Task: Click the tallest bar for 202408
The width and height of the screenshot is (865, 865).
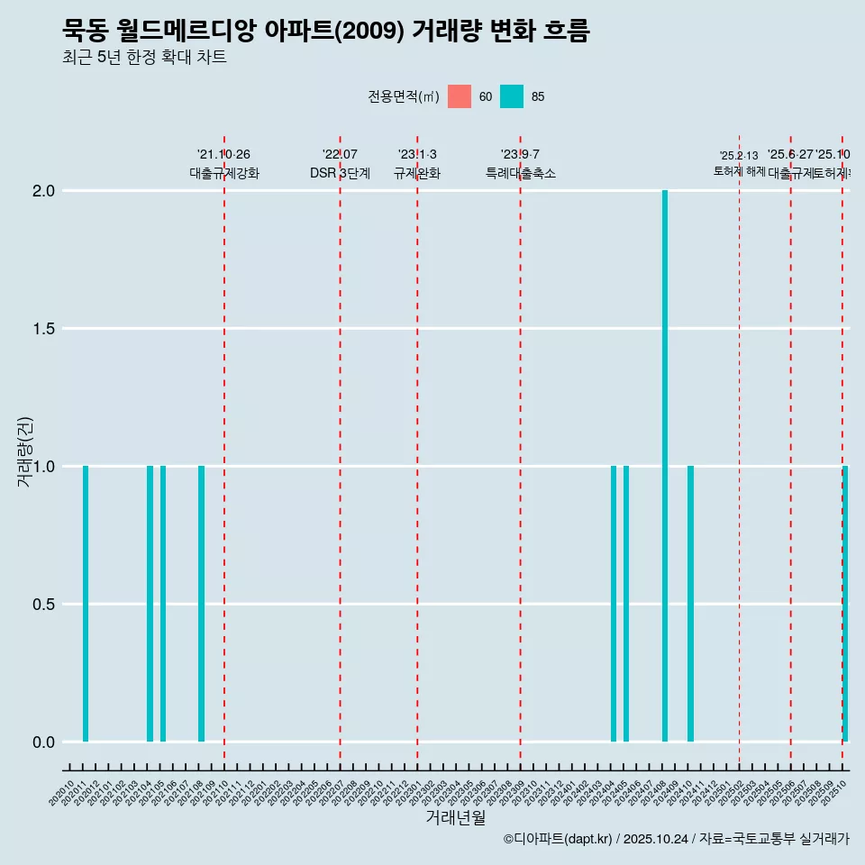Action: (x=665, y=466)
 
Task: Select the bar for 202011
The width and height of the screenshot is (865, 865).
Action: (x=86, y=604)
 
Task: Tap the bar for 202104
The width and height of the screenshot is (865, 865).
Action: (x=150, y=604)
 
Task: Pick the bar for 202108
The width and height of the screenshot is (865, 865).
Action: (x=201, y=604)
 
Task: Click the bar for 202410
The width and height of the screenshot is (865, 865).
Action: (x=690, y=604)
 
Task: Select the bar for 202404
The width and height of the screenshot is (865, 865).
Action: (x=614, y=604)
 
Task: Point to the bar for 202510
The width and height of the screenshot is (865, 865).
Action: (x=845, y=604)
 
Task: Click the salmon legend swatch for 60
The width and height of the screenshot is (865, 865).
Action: (x=460, y=96)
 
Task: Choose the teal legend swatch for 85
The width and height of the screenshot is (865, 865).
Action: (x=512, y=96)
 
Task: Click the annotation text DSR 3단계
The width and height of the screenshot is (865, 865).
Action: (x=340, y=173)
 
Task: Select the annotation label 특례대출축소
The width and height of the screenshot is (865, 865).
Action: (x=520, y=173)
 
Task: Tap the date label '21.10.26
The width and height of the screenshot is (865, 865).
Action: (x=223, y=154)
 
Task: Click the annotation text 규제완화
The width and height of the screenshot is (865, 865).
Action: (x=417, y=173)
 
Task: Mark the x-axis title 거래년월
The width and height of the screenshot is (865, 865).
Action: (x=455, y=817)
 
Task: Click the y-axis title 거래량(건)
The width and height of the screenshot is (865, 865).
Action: (x=25, y=451)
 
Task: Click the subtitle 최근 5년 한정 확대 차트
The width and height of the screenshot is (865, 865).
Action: (x=144, y=58)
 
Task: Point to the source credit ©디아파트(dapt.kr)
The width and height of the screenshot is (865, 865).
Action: (x=559, y=839)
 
